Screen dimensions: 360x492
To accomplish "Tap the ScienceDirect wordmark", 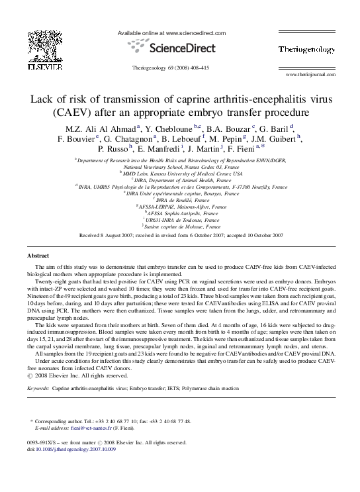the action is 179,48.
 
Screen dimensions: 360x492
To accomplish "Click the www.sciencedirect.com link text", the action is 197,32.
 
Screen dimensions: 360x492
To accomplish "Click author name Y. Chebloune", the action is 167,128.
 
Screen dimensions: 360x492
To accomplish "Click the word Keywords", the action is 38,389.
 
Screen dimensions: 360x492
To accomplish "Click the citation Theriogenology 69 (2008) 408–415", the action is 171,68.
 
